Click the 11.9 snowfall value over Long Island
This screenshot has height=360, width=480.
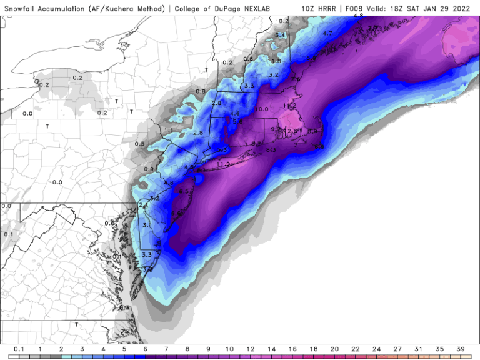224,164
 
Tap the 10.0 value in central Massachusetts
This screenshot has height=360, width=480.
261,109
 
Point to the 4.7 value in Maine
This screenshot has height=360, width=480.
327,32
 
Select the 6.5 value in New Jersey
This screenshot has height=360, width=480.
184,192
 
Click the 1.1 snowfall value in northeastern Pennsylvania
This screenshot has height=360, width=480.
168,130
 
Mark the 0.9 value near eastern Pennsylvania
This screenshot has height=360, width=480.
149,169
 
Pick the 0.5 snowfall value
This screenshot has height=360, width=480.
139,144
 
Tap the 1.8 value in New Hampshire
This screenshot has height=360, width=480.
276,61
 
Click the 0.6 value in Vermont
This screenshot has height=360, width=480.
248,59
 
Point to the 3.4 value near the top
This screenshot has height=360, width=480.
281,35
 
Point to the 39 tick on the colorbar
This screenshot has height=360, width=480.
459,349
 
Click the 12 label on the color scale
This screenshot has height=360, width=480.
249,349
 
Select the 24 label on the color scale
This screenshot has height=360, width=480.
376,349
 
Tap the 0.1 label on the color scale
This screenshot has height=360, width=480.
19,349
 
